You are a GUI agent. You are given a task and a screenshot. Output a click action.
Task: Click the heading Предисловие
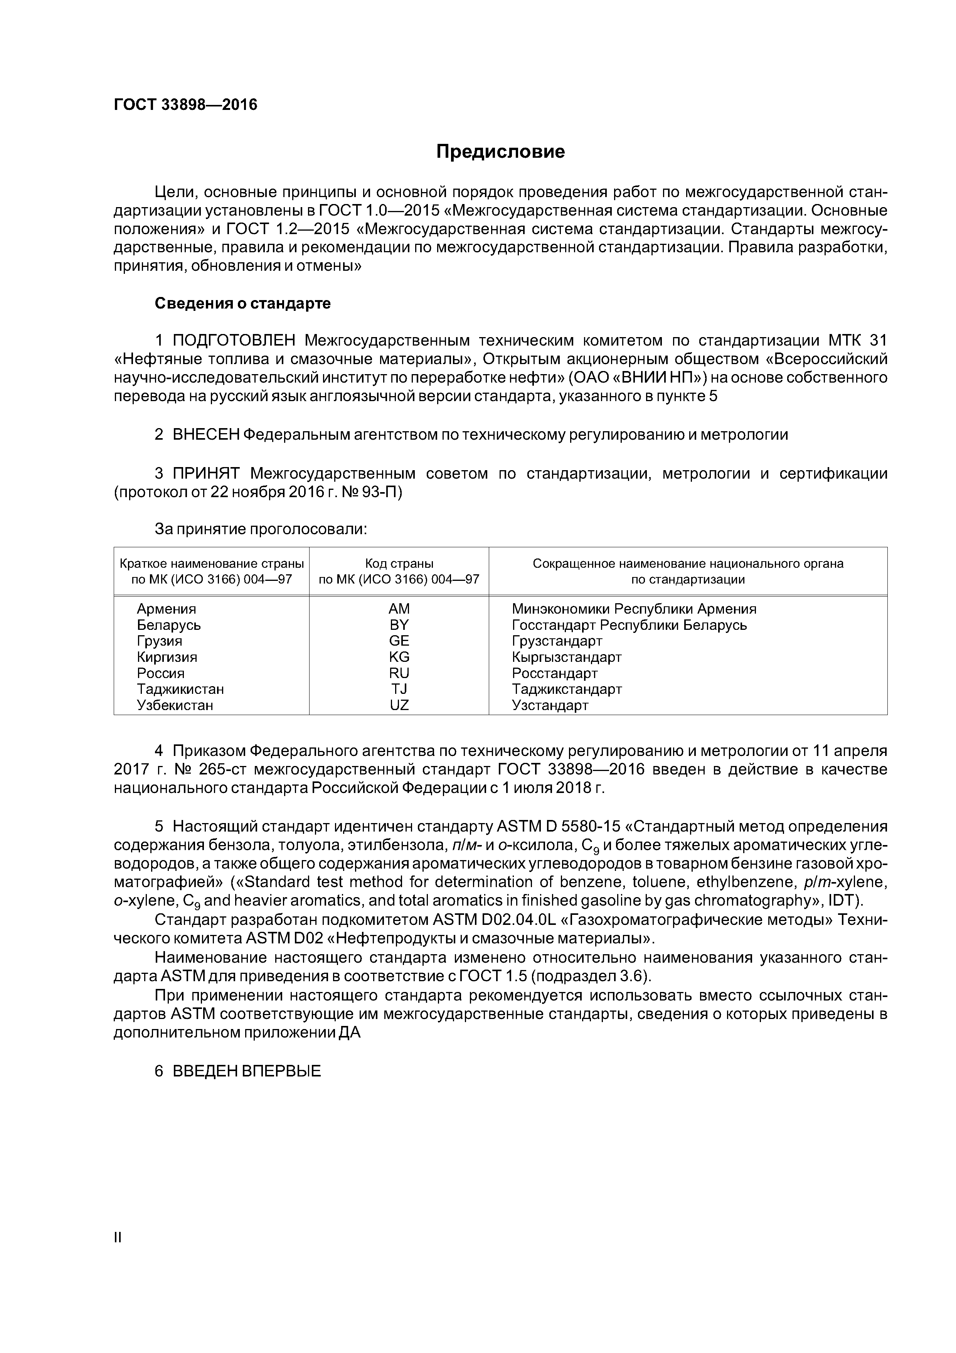point(500,152)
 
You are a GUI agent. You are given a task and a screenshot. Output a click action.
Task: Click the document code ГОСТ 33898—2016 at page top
point(185,105)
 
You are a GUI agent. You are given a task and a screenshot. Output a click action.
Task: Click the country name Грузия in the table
point(160,641)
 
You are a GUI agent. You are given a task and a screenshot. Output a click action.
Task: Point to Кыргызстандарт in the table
point(567,657)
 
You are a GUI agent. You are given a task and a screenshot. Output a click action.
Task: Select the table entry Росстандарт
point(555,673)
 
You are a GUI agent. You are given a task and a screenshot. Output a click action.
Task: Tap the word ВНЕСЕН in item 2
point(205,435)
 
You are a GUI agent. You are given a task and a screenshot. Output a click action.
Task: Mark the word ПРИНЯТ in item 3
point(206,474)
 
